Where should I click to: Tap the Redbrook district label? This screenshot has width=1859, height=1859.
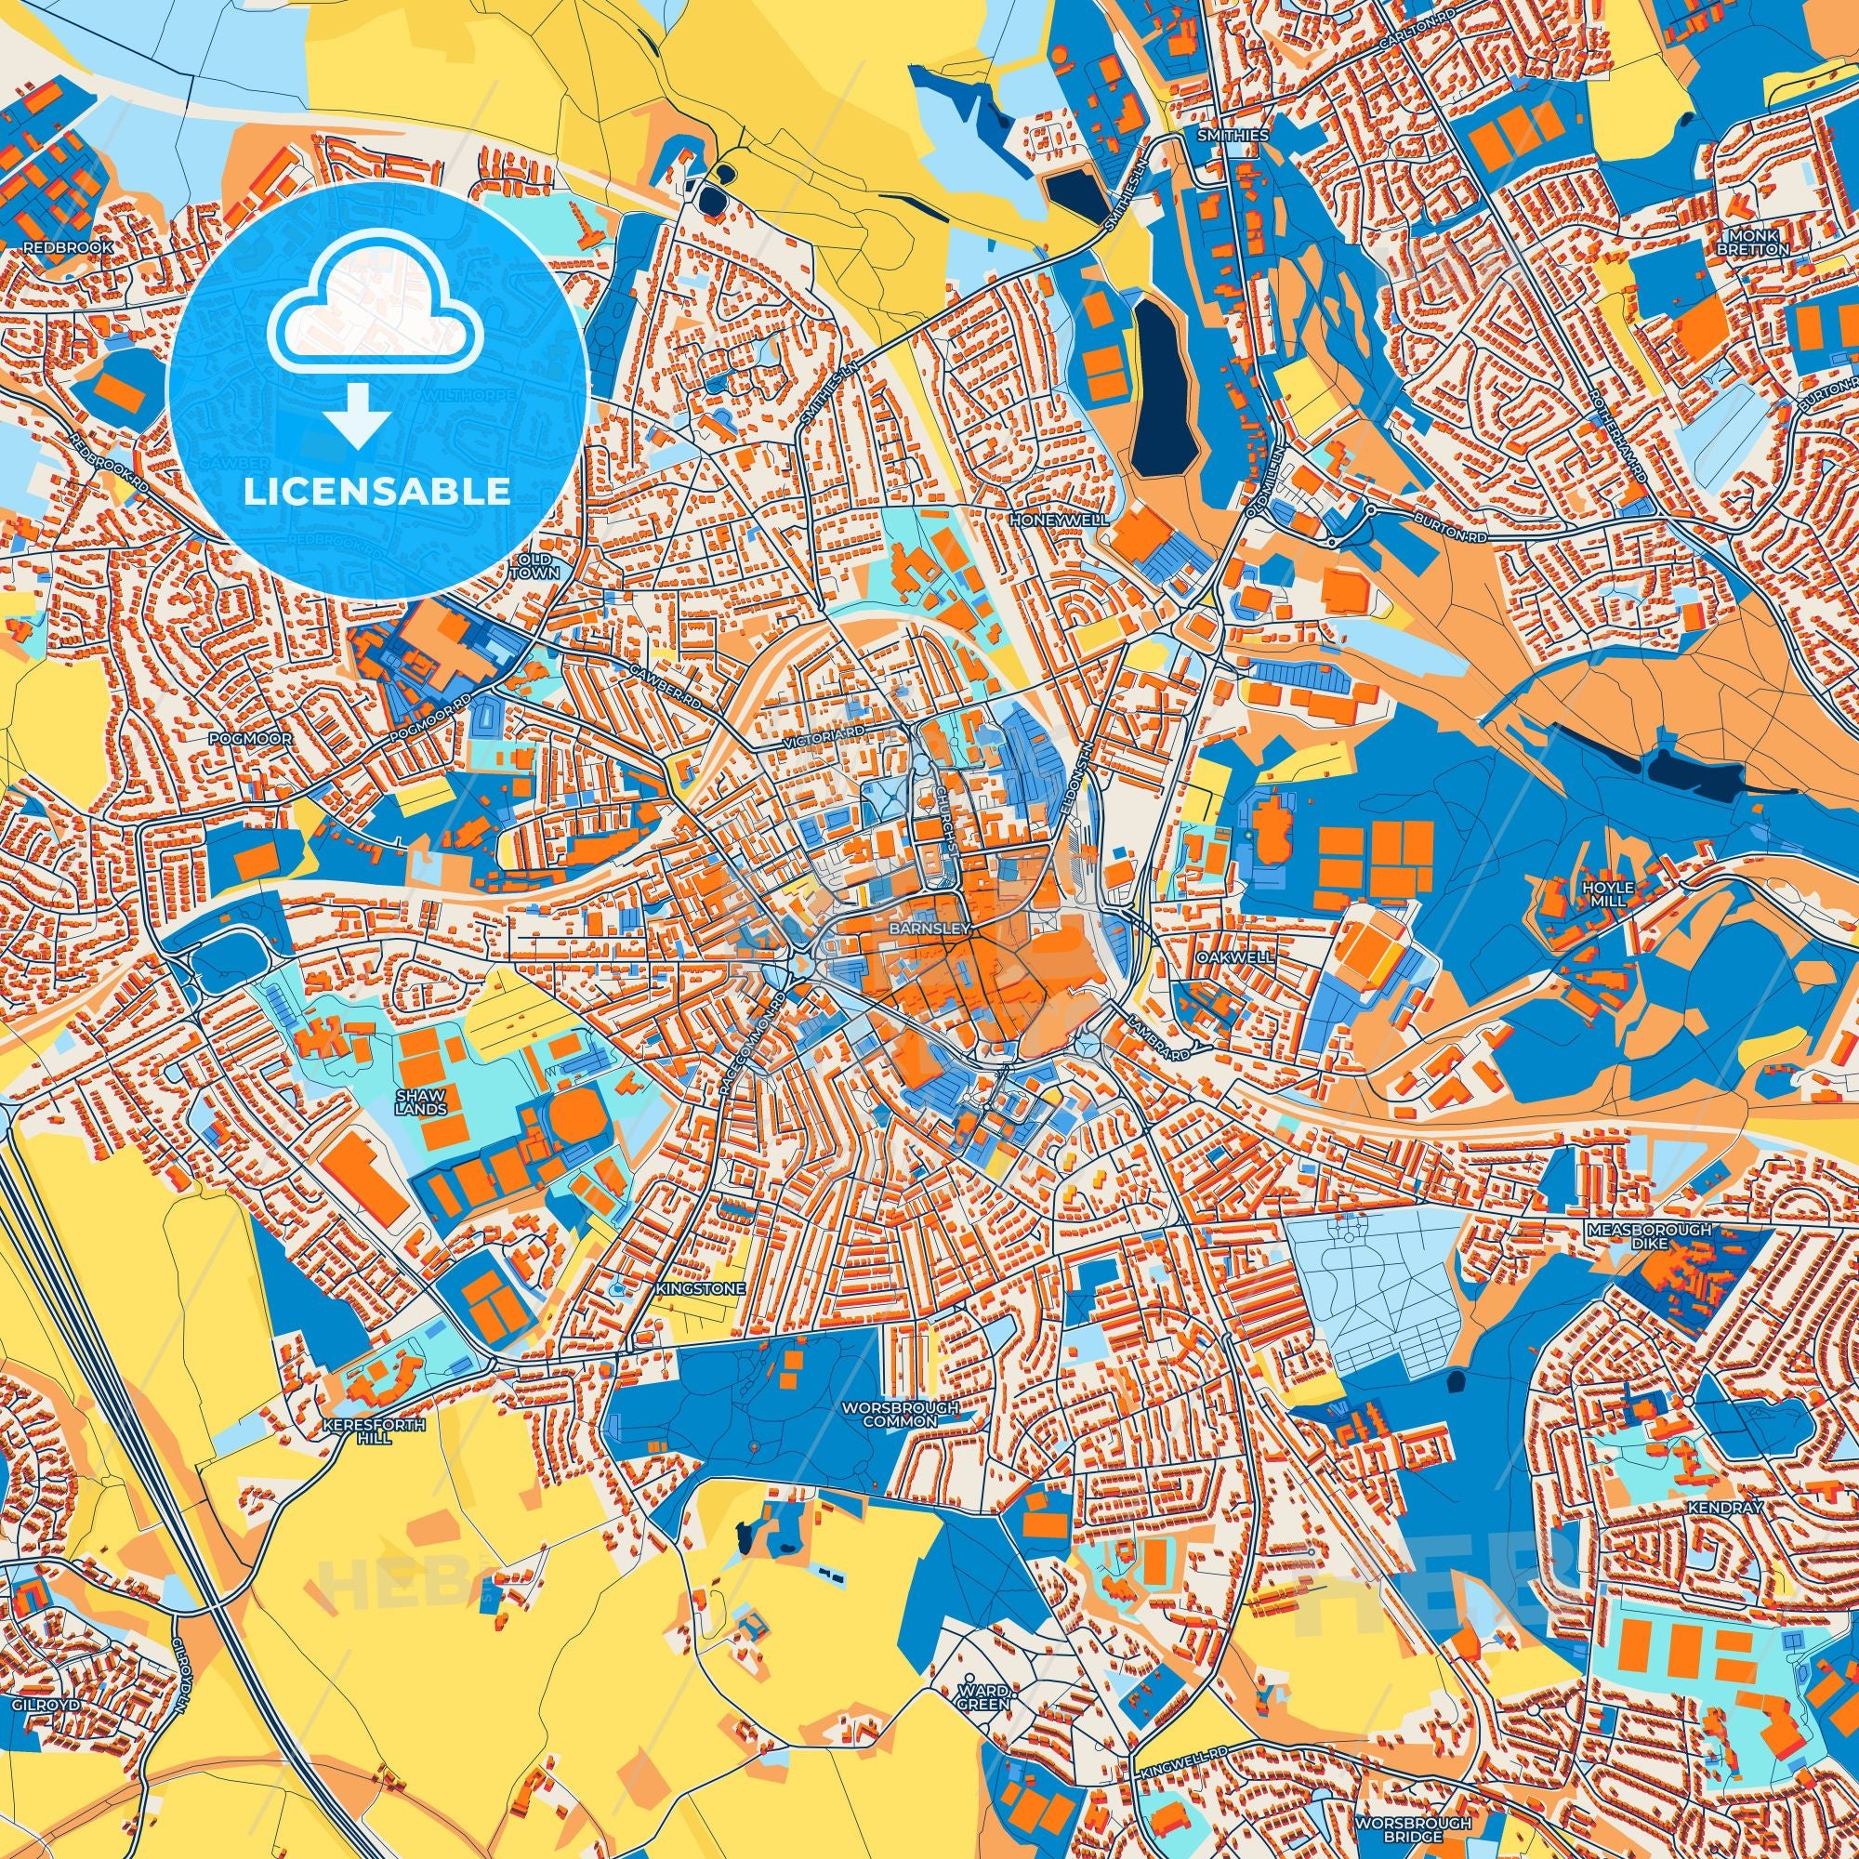point(68,247)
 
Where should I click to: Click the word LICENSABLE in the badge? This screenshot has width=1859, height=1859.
point(377,492)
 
